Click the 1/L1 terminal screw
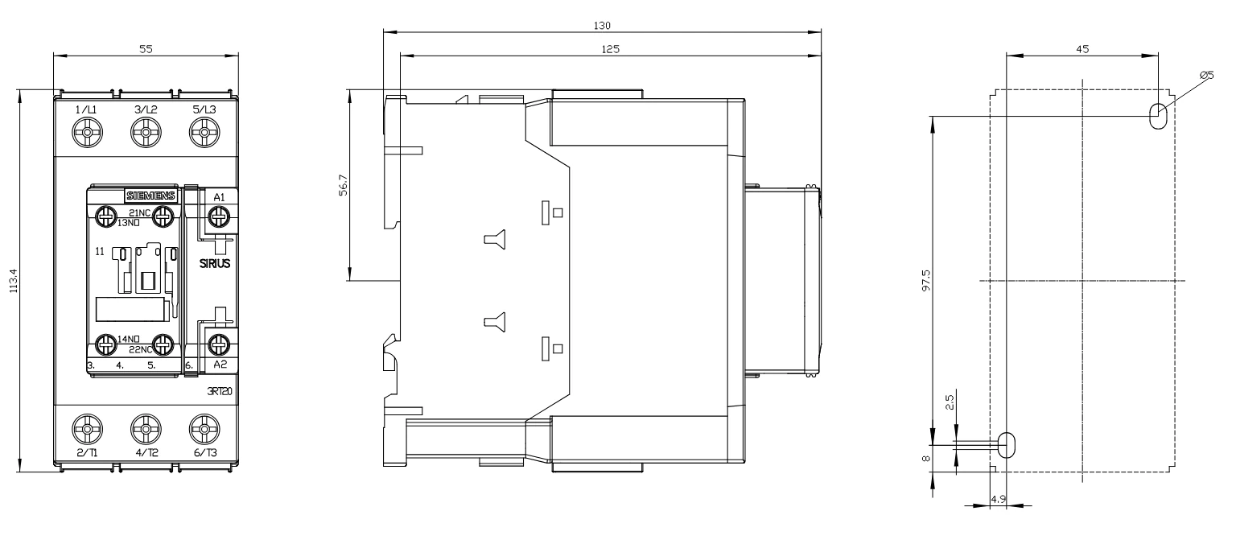point(87,133)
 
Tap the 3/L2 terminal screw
point(146,133)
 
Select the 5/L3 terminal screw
point(204,133)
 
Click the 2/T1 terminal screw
point(87,429)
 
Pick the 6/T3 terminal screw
point(204,429)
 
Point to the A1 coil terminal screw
point(219,216)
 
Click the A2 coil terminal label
point(220,364)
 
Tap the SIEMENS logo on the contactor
point(150,196)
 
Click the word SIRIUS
point(215,264)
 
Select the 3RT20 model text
point(219,392)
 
